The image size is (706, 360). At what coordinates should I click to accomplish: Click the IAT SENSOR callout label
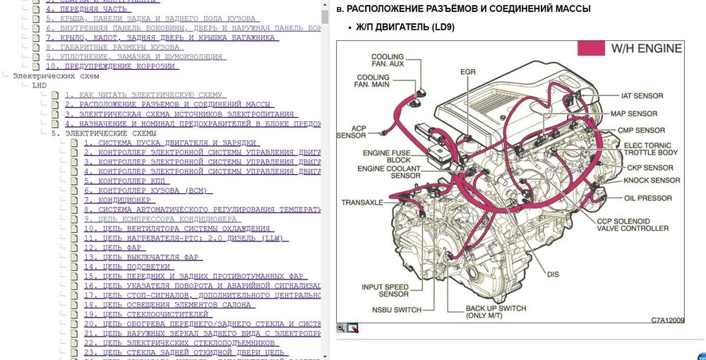pos(642,96)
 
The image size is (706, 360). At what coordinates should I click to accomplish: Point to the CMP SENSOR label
pos(640,131)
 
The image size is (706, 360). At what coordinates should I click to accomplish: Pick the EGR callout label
pos(467,73)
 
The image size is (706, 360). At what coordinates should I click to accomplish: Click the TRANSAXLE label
pos(362,203)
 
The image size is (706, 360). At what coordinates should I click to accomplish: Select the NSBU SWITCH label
pos(397,310)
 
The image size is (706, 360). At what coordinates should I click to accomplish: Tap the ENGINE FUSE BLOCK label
pos(386,155)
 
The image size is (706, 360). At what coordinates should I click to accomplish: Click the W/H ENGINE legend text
pos(647,49)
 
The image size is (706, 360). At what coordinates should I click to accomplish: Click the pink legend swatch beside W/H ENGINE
pos(592,49)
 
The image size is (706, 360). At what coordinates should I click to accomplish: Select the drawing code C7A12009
pos(668,320)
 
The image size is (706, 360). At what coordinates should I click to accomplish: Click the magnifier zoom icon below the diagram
pos(341,328)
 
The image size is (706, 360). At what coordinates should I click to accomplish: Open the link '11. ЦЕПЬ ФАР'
pos(124,248)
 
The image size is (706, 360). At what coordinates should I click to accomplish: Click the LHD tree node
pos(40,85)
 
